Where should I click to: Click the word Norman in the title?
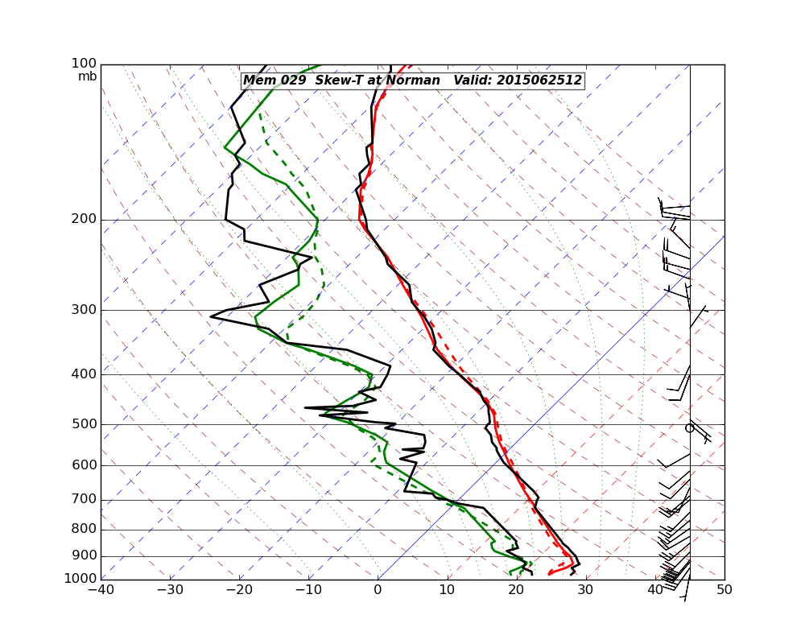(x=415, y=80)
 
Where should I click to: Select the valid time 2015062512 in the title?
(x=539, y=80)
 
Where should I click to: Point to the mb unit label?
(x=87, y=76)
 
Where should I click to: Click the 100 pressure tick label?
(x=85, y=64)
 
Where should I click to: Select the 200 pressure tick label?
(x=85, y=220)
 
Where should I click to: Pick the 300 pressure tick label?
(x=85, y=311)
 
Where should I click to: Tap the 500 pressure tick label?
(x=85, y=424)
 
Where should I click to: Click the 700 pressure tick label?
(x=85, y=500)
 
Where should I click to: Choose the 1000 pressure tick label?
(x=81, y=579)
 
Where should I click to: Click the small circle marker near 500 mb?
(x=689, y=428)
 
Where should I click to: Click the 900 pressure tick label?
(x=85, y=556)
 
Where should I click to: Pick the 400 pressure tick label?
(x=85, y=374)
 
